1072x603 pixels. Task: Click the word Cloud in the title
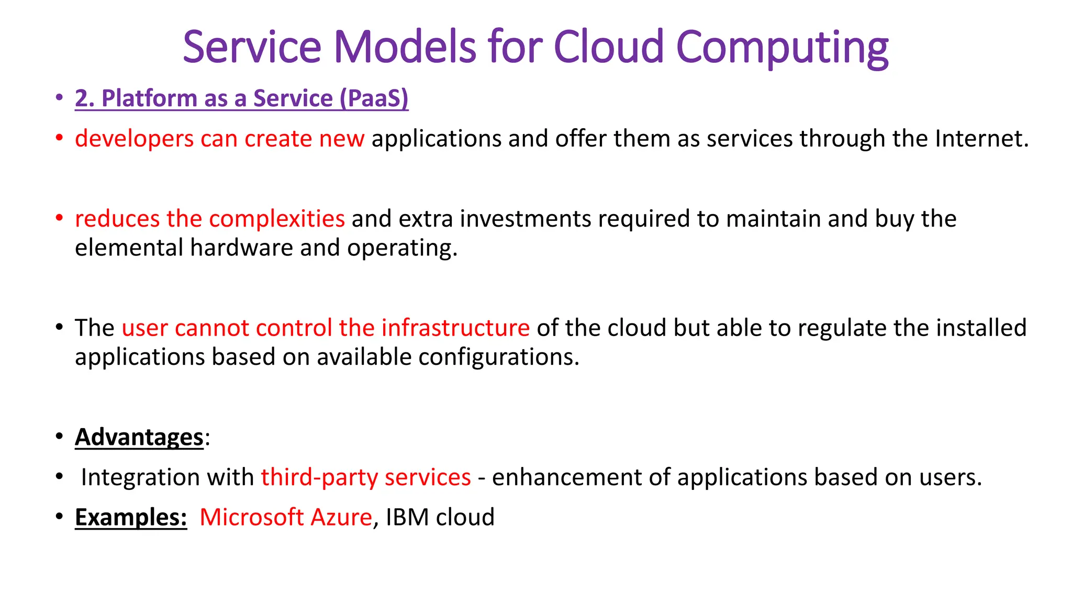(609, 47)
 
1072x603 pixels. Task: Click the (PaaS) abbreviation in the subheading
(374, 98)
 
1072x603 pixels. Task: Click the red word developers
(134, 139)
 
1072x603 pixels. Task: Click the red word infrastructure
(455, 328)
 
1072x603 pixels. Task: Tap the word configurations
(499, 357)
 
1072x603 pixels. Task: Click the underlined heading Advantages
(139, 437)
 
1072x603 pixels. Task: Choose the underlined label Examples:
(131, 518)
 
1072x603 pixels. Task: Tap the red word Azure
(341, 518)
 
